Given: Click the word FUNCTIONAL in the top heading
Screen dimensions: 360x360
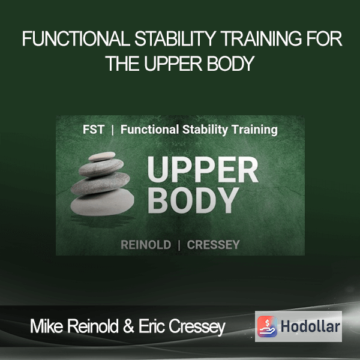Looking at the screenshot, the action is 76,39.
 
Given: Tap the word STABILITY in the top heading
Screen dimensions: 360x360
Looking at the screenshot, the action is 175,39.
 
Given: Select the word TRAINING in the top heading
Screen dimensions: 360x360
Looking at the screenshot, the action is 262,39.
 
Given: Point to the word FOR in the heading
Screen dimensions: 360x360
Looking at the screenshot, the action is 324,39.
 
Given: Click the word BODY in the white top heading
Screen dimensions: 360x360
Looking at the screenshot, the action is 230,64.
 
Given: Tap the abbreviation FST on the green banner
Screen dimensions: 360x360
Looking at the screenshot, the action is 94,129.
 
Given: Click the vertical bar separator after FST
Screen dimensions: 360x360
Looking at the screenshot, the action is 113,130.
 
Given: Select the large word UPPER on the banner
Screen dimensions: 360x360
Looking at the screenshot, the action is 203,170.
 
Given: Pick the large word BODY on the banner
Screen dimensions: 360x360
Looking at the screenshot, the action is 193,200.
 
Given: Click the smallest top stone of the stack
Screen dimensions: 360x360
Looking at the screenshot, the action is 102,157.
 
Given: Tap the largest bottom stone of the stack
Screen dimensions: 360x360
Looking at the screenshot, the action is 103,202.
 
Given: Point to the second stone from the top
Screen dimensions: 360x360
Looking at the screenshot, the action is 101,167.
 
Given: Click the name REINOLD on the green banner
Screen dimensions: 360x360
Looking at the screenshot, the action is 146,245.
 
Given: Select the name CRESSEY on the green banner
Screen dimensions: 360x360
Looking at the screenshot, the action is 213,245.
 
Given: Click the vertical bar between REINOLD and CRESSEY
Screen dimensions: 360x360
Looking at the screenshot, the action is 179,245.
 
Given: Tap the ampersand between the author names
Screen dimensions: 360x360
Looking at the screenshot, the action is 128,326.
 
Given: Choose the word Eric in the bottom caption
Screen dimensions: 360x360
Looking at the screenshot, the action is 152,326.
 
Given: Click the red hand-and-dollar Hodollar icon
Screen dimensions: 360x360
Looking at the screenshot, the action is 267,326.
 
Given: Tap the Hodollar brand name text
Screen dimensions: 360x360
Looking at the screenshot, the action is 310,326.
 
